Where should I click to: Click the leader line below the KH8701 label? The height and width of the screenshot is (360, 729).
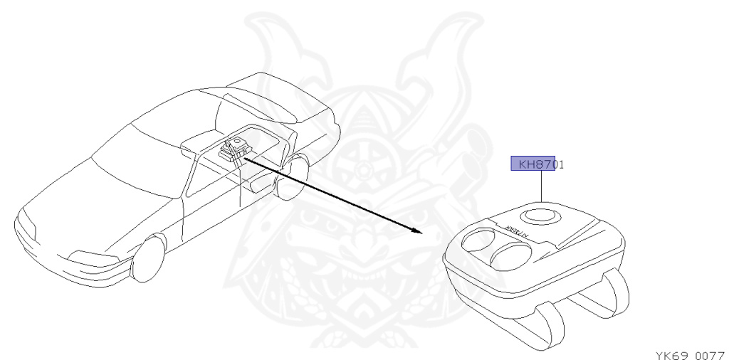point(542,187)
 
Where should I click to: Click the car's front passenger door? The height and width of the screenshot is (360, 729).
point(214,199)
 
